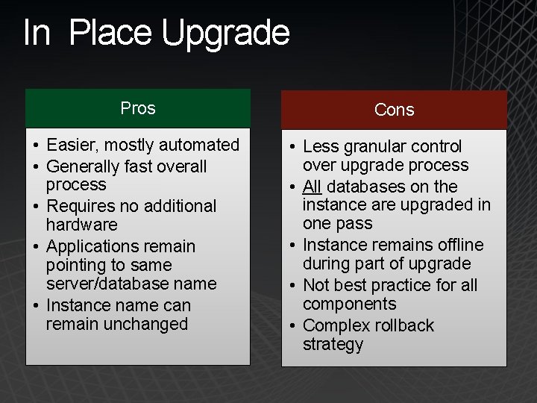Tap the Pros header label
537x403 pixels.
pyautogui.click(x=138, y=108)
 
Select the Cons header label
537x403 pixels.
pyautogui.click(x=394, y=110)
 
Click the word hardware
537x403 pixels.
pyautogui.click(x=82, y=225)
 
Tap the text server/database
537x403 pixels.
pyautogui.click(x=104, y=284)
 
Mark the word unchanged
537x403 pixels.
pyautogui.click(x=117, y=324)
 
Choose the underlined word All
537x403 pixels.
pyautogui.click(x=313, y=187)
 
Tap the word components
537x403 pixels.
pyautogui.click(x=350, y=304)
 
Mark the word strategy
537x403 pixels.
pyautogui.click(x=333, y=344)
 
